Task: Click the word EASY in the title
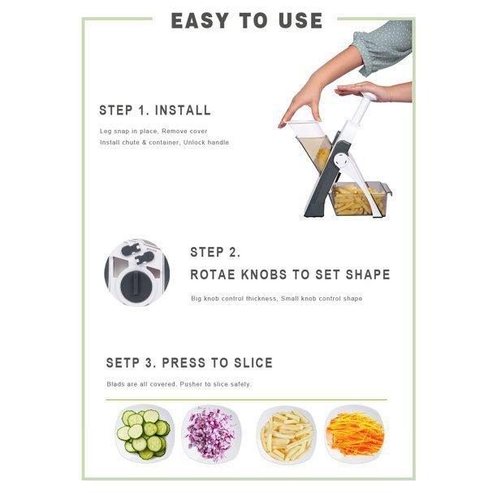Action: (200, 21)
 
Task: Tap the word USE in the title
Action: (300, 21)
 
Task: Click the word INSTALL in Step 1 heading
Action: (183, 110)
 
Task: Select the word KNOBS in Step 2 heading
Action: (264, 274)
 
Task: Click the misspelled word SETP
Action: (123, 363)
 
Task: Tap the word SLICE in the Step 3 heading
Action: (253, 363)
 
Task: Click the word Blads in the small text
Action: (115, 384)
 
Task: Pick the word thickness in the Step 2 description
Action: (261, 299)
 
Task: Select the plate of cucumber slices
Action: (145, 434)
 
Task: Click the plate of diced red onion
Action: (211, 434)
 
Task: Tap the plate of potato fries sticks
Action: (287, 434)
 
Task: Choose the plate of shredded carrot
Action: (356, 434)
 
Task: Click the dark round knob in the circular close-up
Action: (136, 287)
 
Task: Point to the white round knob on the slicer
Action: (342, 162)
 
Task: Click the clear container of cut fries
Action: (360, 199)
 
